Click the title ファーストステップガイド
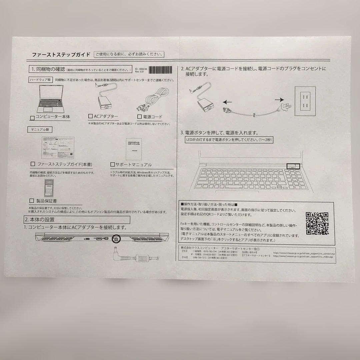61,55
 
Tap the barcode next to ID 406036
160,70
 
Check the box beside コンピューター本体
32,118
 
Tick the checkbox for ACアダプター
91,116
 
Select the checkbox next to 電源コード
140,117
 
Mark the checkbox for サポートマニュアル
113,165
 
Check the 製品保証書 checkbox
32,201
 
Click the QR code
317,223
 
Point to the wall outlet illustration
305,101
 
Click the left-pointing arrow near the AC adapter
228,102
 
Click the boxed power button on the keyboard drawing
293,166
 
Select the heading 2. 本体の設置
39,220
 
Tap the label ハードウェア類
40,80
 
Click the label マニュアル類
40,129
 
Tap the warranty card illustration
49,188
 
